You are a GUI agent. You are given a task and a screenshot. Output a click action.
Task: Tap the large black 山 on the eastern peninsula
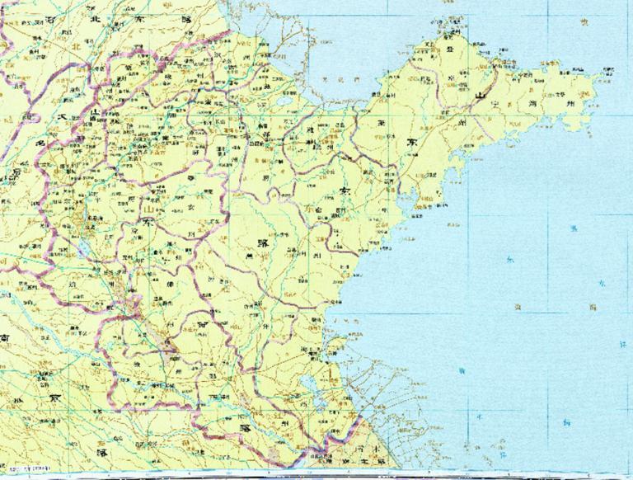point(476,96)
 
